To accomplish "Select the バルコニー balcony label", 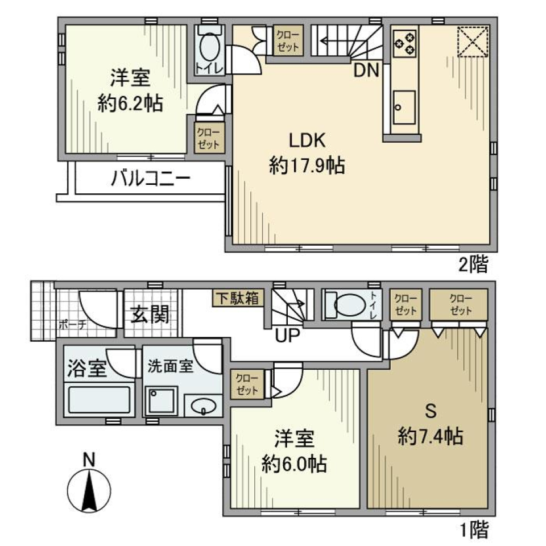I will click(x=150, y=180).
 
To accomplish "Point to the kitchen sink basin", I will click(x=404, y=106).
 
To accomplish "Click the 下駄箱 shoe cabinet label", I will click(x=238, y=298).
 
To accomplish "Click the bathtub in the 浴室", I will click(x=100, y=400).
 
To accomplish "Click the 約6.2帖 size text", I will click(x=130, y=103).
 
